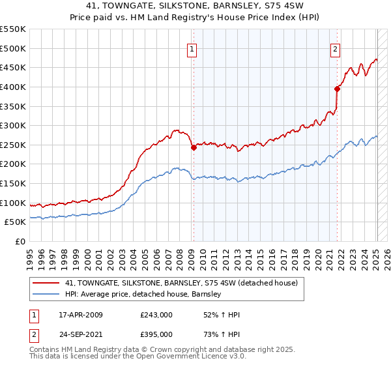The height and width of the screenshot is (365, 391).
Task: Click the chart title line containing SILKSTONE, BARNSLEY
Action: pyautogui.click(x=195, y=7)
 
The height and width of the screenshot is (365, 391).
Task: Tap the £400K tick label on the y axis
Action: pyautogui.click(x=13, y=87)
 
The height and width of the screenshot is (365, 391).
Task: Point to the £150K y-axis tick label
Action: pyautogui.click(x=13, y=183)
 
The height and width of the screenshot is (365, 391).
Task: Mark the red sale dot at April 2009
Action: pyautogui.click(x=194, y=148)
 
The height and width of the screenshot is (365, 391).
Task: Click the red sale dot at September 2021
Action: pyautogui.click(x=337, y=89)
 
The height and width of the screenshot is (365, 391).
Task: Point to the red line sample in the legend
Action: pyautogui.click(x=47, y=283)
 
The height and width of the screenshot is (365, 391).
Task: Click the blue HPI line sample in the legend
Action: pyautogui.click(x=47, y=294)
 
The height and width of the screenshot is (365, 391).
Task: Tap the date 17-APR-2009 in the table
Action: pyautogui.click(x=81, y=315)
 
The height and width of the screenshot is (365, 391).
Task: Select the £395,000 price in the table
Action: pyautogui.click(x=156, y=334)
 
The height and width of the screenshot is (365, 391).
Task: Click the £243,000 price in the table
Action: pyautogui.click(x=156, y=315)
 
